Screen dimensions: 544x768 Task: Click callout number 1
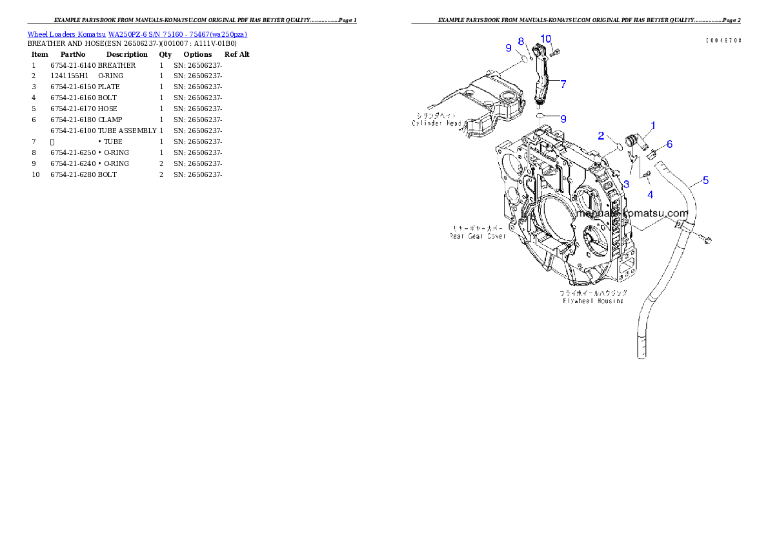[652, 125]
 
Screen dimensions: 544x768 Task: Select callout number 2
[601, 136]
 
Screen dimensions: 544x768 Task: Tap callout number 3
[625, 184]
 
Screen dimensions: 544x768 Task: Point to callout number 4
[650, 194]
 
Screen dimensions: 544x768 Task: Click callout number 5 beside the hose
[705, 180]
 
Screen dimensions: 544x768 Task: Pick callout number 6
[669, 144]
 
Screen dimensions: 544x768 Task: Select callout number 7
[563, 84]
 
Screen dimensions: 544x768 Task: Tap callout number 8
[521, 42]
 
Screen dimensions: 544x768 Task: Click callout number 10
[545, 39]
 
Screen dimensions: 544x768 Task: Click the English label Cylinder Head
[436, 123]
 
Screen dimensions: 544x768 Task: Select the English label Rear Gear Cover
[478, 236]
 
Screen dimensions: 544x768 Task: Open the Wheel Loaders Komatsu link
[137, 34]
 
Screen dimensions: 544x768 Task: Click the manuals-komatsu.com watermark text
[632, 213]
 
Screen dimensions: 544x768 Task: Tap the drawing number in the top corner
[723, 40]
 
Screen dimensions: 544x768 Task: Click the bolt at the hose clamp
[709, 241]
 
